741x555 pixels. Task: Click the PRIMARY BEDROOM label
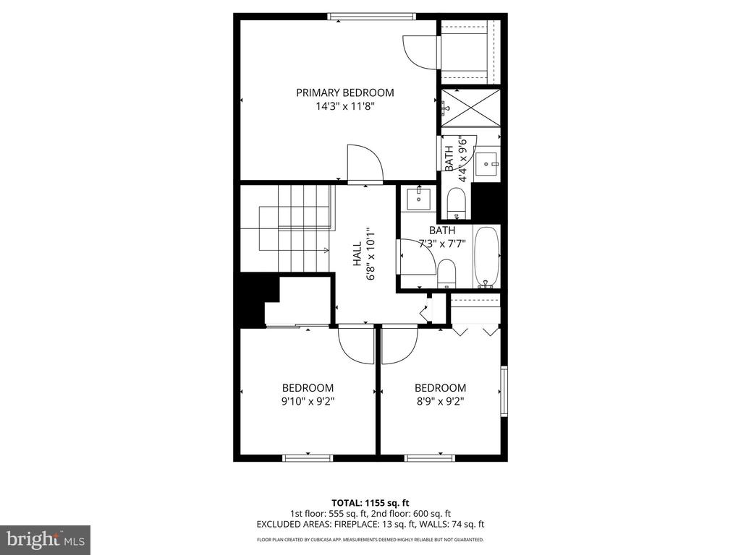pyautogui.click(x=344, y=92)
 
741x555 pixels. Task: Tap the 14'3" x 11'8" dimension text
pyautogui.click(x=344, y=106)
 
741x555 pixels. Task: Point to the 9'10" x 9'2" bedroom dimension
pyautogui.click(x=308, y=401)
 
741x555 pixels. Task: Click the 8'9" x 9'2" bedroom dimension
pyautogui.click(x=440, y=401)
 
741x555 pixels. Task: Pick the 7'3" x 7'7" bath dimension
pyautogui.click(x=441, y=243)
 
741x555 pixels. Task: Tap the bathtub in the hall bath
pyautogui.click(x=486, y=257)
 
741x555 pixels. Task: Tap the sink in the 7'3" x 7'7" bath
pyautogui.click(x=418, y=197)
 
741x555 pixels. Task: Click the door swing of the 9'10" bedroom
pyautogui.click(x=355, y=345)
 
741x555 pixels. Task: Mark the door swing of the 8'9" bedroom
pyautogui.click(x=399, y=345)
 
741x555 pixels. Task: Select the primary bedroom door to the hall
pyautogui.click(x=365, y=163)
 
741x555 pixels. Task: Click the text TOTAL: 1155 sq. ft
pyautogui.click(x=370, y=502)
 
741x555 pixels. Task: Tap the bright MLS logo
pyautogui.click(x=45, y=539)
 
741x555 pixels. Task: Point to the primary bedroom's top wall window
pyautogui.click(x=371, y=17)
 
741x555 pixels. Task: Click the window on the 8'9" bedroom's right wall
pyautogui.click(x=504, y=390)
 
